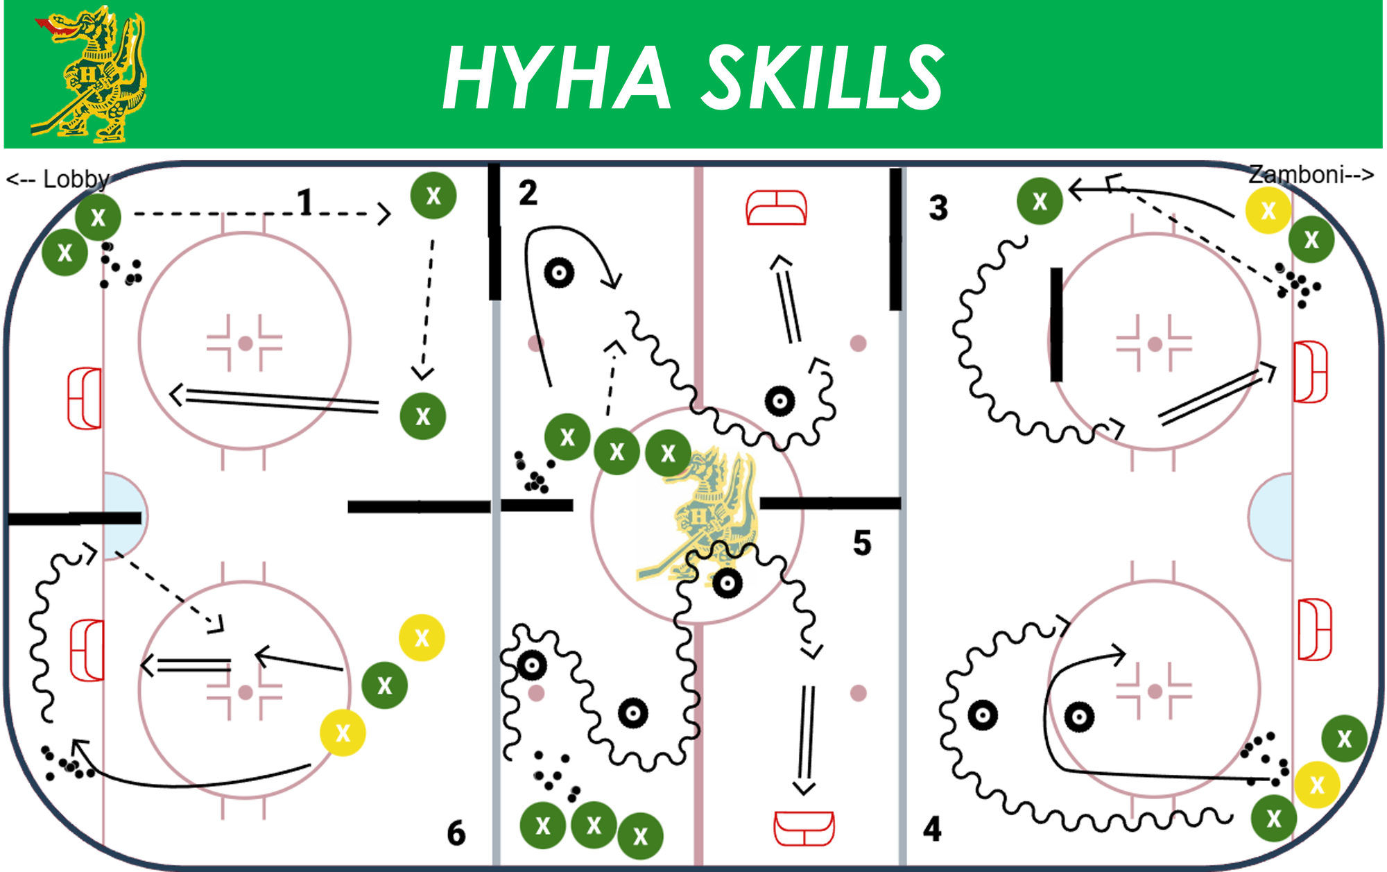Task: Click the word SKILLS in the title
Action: pos(823,76)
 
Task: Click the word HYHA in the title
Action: pos(557,76)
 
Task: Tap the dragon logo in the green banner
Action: pos(89,74)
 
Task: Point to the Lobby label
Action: pos(59,179)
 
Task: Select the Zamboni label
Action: pos(1311,174)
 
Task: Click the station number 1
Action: pos(304,203)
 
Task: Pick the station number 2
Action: pos(528,192)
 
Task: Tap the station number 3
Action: pos(938,207)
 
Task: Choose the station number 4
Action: pos(932,829)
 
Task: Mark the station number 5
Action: pos(862,542)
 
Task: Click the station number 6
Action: pos(456,832)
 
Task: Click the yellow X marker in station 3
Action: pos(1268,210)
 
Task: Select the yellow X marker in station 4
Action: pos(1317,785)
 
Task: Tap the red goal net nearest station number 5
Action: pos(804,828)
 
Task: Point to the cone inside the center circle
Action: pos(727,583)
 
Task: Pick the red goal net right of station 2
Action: pos(777,208)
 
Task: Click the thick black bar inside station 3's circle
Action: pos(1056,325)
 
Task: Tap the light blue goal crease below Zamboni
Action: pos(1270,517)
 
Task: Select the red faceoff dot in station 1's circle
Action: pos(245,343)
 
